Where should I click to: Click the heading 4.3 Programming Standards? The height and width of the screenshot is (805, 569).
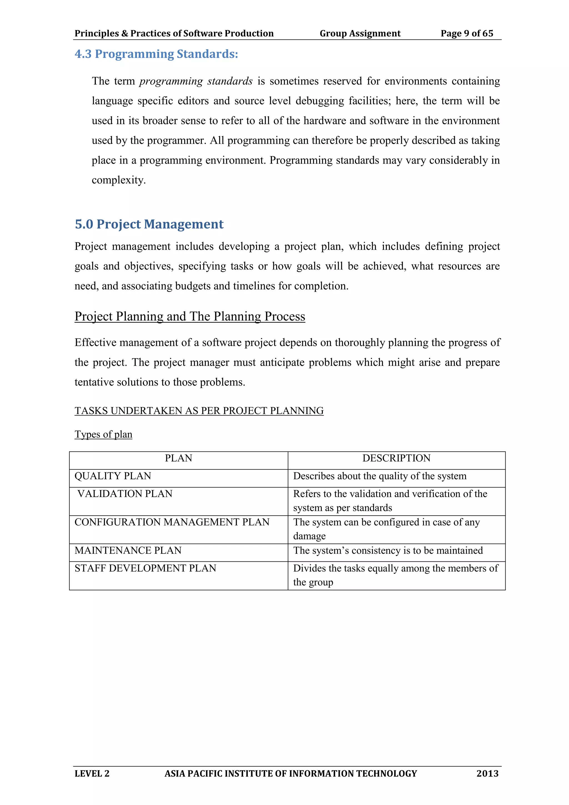[156, 54]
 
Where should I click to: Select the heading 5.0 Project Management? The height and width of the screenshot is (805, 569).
[149, 224]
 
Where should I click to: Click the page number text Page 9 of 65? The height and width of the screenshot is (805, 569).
[467, 33]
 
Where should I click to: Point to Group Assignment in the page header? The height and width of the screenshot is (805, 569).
[360, 33]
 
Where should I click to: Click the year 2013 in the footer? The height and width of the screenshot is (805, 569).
[487, 773]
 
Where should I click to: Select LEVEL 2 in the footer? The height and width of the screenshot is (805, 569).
[92, 773]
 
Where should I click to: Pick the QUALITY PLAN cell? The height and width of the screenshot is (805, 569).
[113, 476]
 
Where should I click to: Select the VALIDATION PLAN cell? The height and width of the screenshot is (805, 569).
[125, 494]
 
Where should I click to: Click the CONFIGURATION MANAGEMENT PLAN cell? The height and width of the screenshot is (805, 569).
[172, 522]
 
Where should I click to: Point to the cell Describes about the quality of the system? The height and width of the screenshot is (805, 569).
[380, 476]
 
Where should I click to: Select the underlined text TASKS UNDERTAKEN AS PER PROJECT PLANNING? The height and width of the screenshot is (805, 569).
[199, 411]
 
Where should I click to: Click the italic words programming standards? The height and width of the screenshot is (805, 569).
[196, 81]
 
